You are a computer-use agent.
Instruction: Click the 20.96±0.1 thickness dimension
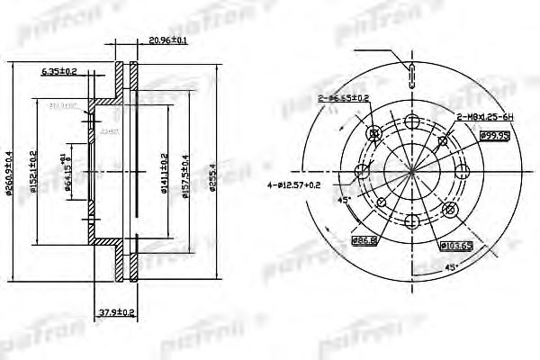point(168,40)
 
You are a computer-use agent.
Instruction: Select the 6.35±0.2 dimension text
point(59,69)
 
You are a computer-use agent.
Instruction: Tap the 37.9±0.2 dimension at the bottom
point(116,313)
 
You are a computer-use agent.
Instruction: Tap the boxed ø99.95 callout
point(495,135)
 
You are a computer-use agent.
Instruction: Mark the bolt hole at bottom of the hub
point(411,221)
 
